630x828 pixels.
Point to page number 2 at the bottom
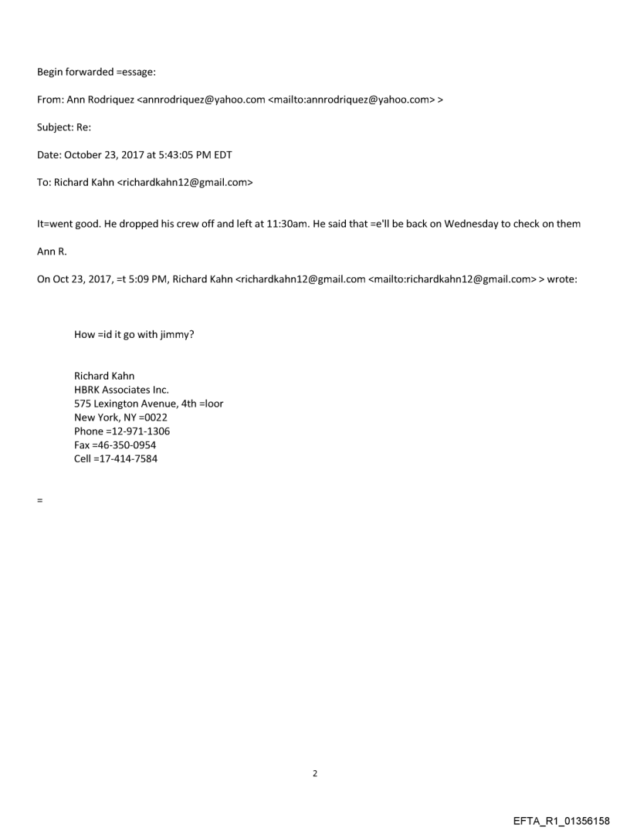315,773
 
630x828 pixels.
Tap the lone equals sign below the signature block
39,500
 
